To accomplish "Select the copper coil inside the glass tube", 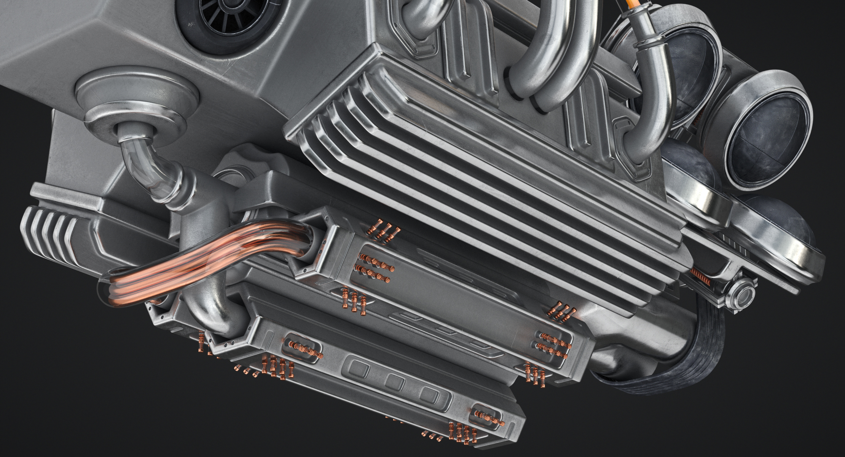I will (x=198, y=259).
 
